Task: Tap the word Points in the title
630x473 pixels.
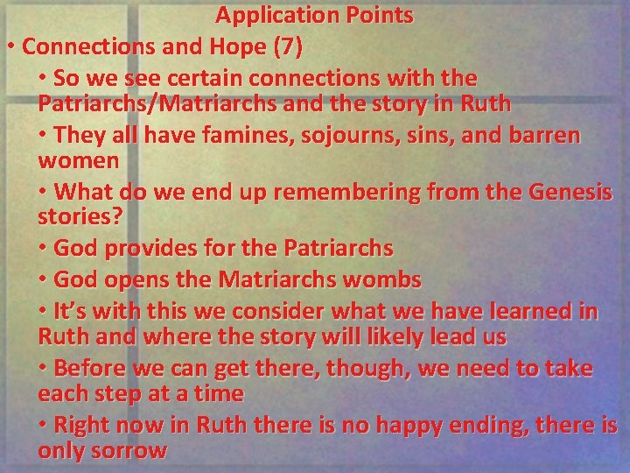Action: [378, 15]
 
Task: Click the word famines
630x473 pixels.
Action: [221, 137]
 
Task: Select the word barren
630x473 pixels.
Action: [542, 137]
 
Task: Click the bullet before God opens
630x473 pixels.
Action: [44, 281]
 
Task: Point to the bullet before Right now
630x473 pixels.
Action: [44, 427]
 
